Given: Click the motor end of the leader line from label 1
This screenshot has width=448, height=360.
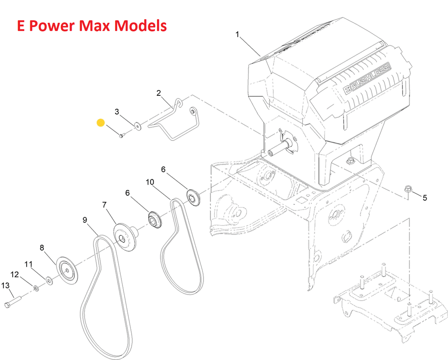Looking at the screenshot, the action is tap(260, 56).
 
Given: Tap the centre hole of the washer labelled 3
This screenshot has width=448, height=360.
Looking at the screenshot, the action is tap(138, 126).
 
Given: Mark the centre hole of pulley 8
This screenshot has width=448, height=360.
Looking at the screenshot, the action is tap(66, 269).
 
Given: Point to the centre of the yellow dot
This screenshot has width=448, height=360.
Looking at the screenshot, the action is tap(101, 123).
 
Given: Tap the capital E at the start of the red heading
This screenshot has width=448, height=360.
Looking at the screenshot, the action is tap(21, 26).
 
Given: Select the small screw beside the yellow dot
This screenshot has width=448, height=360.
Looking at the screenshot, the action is tap(121, 136).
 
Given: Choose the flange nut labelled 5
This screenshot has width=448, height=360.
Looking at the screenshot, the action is tap(408, 191).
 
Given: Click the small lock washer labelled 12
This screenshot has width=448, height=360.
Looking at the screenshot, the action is tap(36, 288).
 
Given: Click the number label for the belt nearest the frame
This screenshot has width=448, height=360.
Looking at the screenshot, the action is tap(150, 182).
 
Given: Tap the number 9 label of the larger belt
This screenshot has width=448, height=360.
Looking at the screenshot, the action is tap(85, 220).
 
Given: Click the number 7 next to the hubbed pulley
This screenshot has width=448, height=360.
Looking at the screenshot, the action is tap(104, 205).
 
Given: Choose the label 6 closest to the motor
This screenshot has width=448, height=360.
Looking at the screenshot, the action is tap(163, 169).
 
